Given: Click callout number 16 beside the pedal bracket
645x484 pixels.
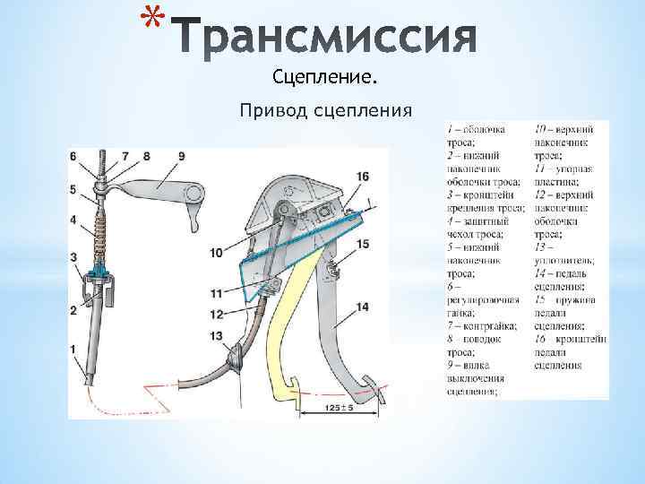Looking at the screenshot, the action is coord(362,177).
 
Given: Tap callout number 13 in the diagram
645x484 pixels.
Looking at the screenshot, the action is coord(216,336).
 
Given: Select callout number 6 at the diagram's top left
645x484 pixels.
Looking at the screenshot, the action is coord(73,156).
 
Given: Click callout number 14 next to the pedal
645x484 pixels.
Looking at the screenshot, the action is coord(362,307).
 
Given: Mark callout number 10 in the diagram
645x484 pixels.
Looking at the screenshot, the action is coord(216,254).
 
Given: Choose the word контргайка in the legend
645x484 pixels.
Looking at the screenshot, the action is coord(484,327).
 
